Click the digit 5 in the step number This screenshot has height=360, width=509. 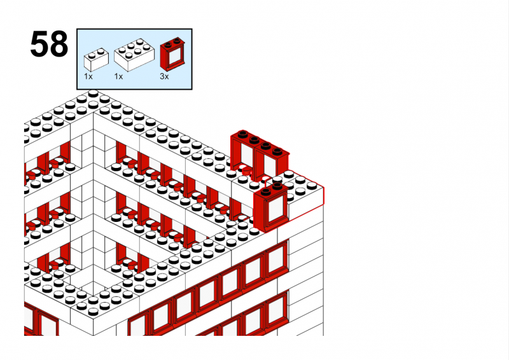point(39,44)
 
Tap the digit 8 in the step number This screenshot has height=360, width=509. point(59,44)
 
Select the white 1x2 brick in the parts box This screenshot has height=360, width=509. point(96,60)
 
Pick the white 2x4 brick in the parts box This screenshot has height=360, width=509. point(134,55)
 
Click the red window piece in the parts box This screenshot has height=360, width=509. point(173,54)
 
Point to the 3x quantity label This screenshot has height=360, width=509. point(164,76)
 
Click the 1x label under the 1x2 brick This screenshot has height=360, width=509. point(88,76)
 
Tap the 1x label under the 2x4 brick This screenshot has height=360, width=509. point(118,76)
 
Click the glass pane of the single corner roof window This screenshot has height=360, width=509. point(275,209)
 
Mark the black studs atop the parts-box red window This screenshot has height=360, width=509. point(172,42)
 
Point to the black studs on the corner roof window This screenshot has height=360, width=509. point(272,189)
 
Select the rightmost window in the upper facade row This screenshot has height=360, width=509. point(277,260)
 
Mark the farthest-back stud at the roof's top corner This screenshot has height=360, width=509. point(93,93)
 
